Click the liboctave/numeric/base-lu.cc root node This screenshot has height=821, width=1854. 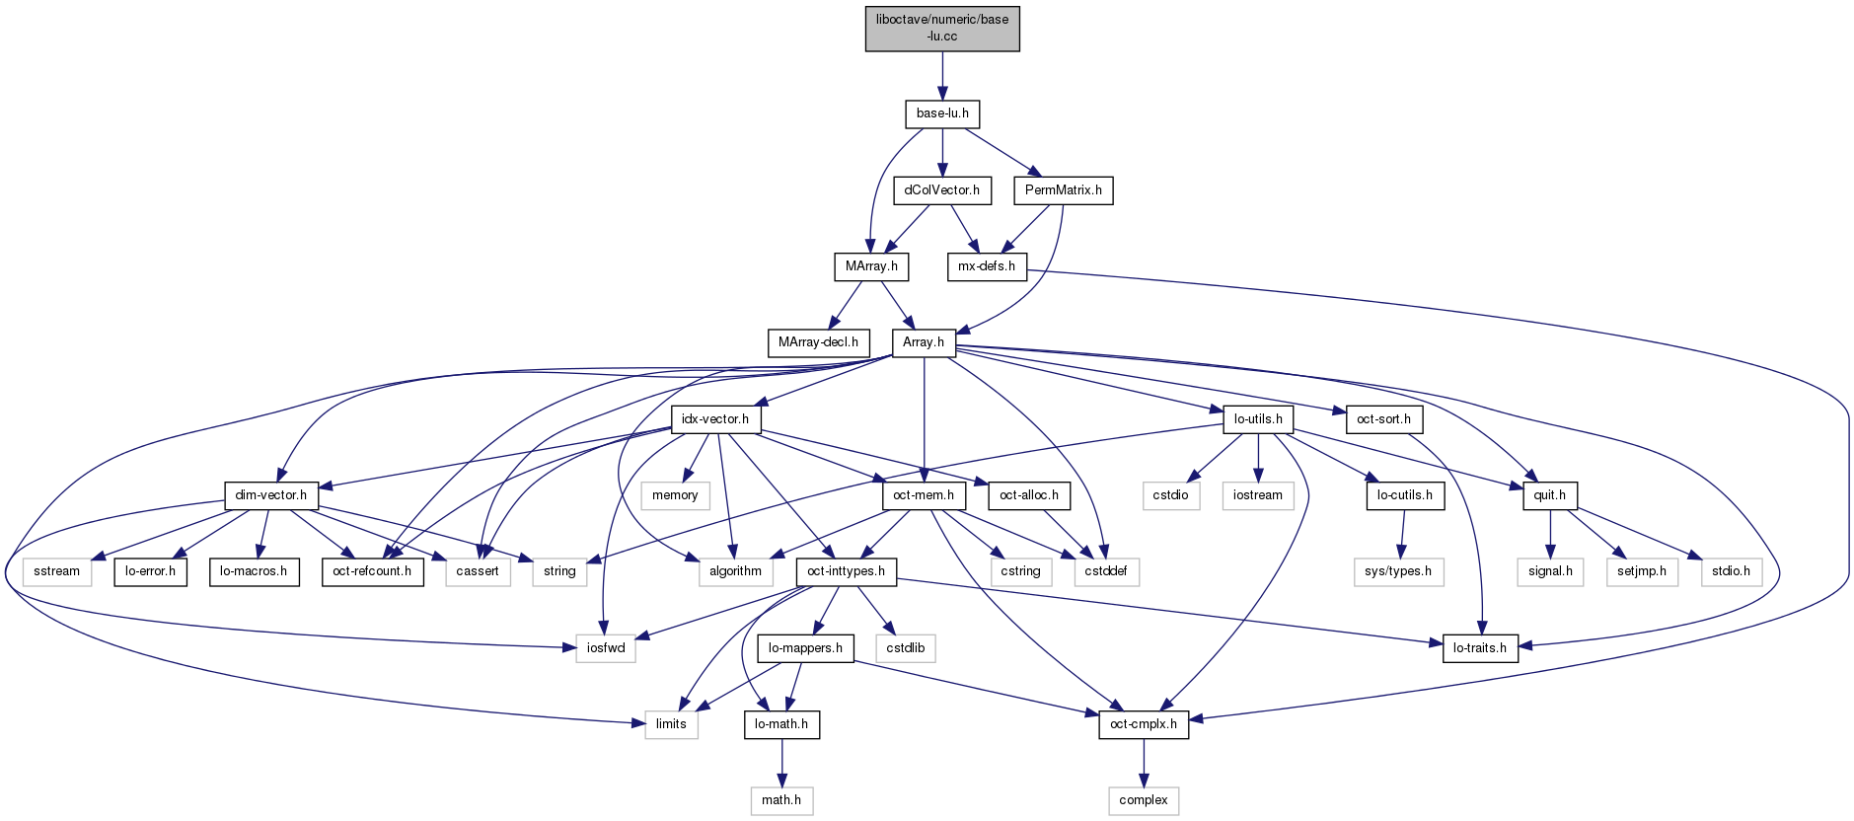[x=942, y=29]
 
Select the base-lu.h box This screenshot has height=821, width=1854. [x=942, y=113]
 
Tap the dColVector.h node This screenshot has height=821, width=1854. [x=942, y=189]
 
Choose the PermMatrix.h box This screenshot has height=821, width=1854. [x=1063, y=189]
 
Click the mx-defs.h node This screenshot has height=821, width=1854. [x=987, y=266]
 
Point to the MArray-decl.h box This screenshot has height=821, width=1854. [x=818, y=342]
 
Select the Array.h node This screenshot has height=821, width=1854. [x=924, y=342]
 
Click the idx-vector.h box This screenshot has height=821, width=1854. [x=715, y=419]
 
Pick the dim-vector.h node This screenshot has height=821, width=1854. [x=271, y=495]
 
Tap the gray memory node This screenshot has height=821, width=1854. [x=675, y=495]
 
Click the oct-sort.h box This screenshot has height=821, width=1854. [x=1383, y=419]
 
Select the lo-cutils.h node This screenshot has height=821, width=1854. [x=1405, y=495]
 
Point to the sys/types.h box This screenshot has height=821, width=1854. [x=1398, y=571]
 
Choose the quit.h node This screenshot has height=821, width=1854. [x=1549, y=495]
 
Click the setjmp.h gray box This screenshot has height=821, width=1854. [x=1642, y=571]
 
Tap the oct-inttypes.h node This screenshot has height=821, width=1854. [x=846, y=571]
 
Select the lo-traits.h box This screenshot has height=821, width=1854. [x=1479, y=648]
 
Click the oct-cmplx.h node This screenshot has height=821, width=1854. [x=1144, y=724]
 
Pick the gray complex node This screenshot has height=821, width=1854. [x=1144, y=800]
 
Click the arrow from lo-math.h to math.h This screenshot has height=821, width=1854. [x=781, y=762]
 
